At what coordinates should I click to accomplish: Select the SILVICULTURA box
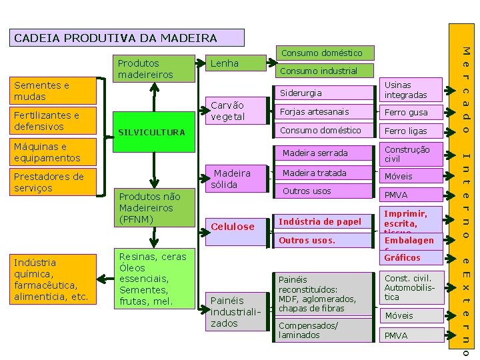click(x=151, y=132)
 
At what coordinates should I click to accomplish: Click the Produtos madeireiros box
click(x=153, y=69)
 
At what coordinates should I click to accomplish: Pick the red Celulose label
click(x=233, y=227)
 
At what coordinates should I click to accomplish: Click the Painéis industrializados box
click(x=234, y=311)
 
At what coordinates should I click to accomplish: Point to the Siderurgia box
click(x=324, y=93)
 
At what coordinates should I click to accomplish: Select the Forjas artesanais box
click(x=324, y=111)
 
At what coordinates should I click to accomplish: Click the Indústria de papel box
click(x=324, y=221)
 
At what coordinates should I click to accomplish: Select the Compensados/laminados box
click(x=324, y=330)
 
